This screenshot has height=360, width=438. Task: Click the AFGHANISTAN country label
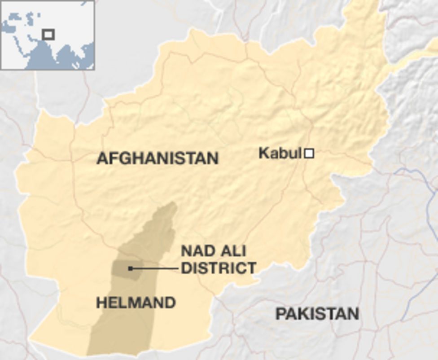coord(158,158)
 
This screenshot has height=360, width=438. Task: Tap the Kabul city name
coord(279,154)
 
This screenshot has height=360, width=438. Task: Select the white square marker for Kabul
coord(309,154)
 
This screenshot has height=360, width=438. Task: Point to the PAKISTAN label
coord(317,314)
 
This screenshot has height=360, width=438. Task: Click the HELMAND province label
coord(136,303)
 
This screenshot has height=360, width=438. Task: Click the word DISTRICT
coord(219,268)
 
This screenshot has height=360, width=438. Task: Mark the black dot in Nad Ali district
coord(130,268)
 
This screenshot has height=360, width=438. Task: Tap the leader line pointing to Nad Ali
coord(155,268)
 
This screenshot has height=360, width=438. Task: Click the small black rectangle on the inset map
coord(48,34)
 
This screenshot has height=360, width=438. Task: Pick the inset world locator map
coord(48,35)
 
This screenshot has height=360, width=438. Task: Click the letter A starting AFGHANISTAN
coord(102,158)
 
